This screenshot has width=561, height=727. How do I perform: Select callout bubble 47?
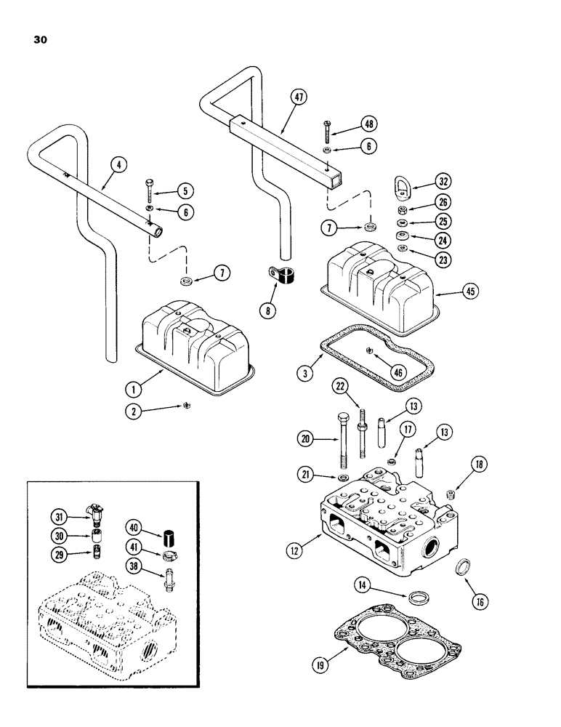click(296, 98)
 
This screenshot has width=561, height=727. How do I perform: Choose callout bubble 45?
click(469, 293)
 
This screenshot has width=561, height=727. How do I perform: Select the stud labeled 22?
click(360, 429)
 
